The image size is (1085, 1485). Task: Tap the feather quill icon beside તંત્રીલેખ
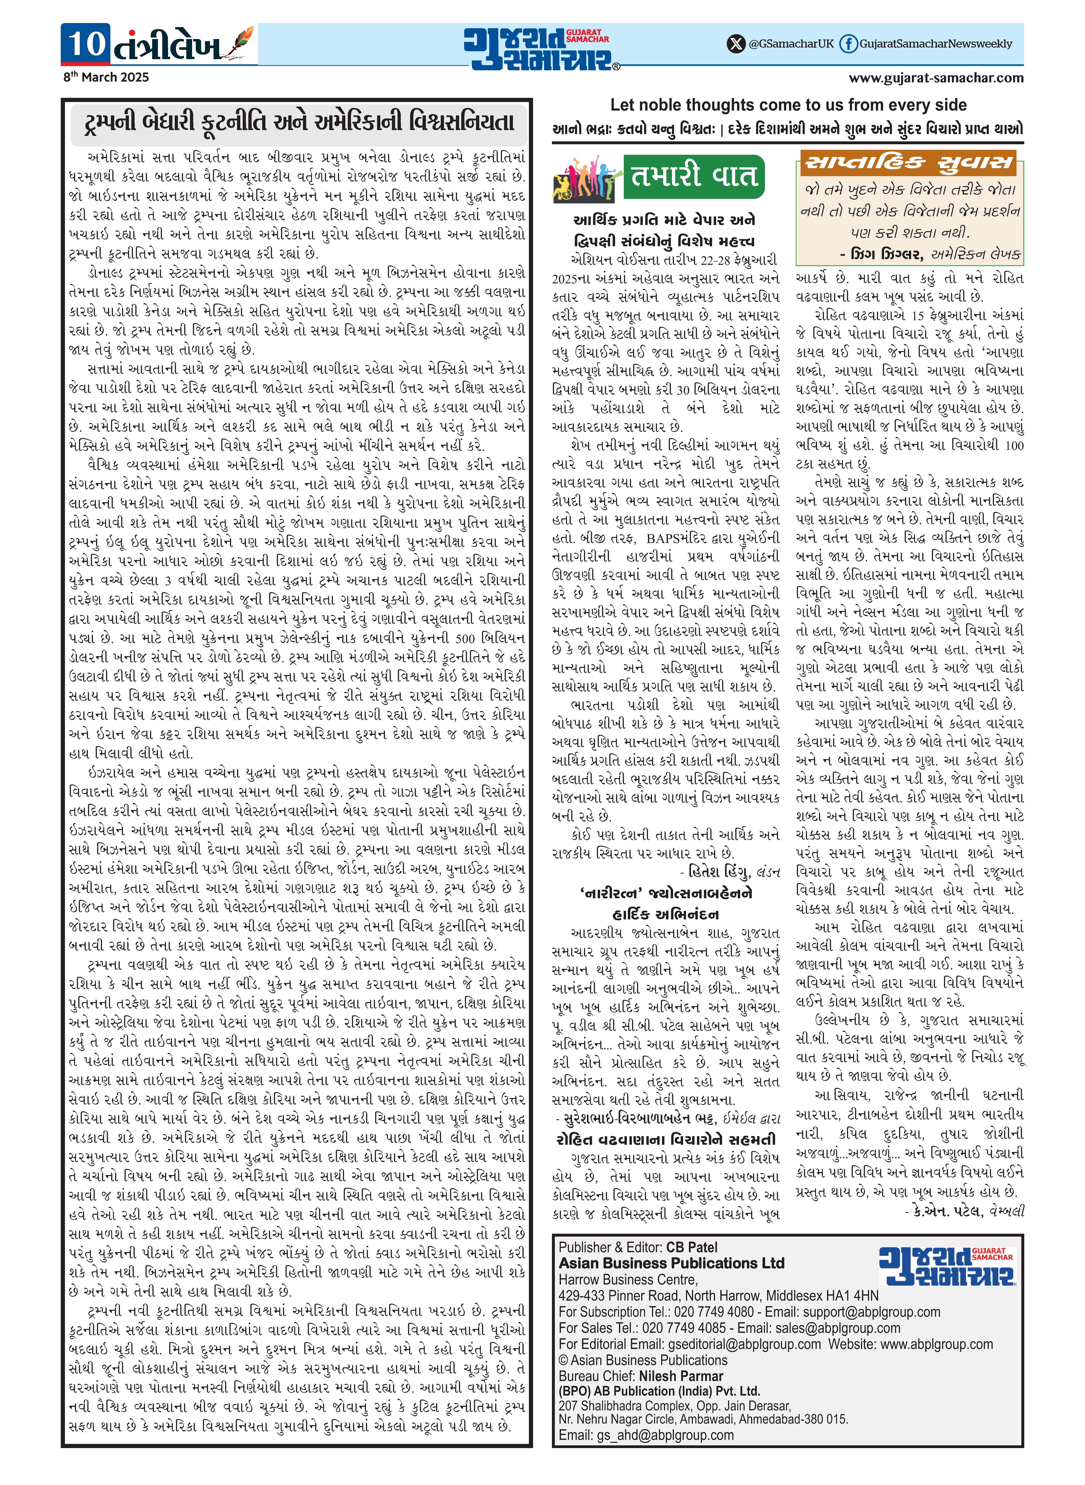click(242, 43)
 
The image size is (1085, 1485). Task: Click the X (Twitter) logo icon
click(736, 44)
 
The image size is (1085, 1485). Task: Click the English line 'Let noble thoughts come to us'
click(788, 105)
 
